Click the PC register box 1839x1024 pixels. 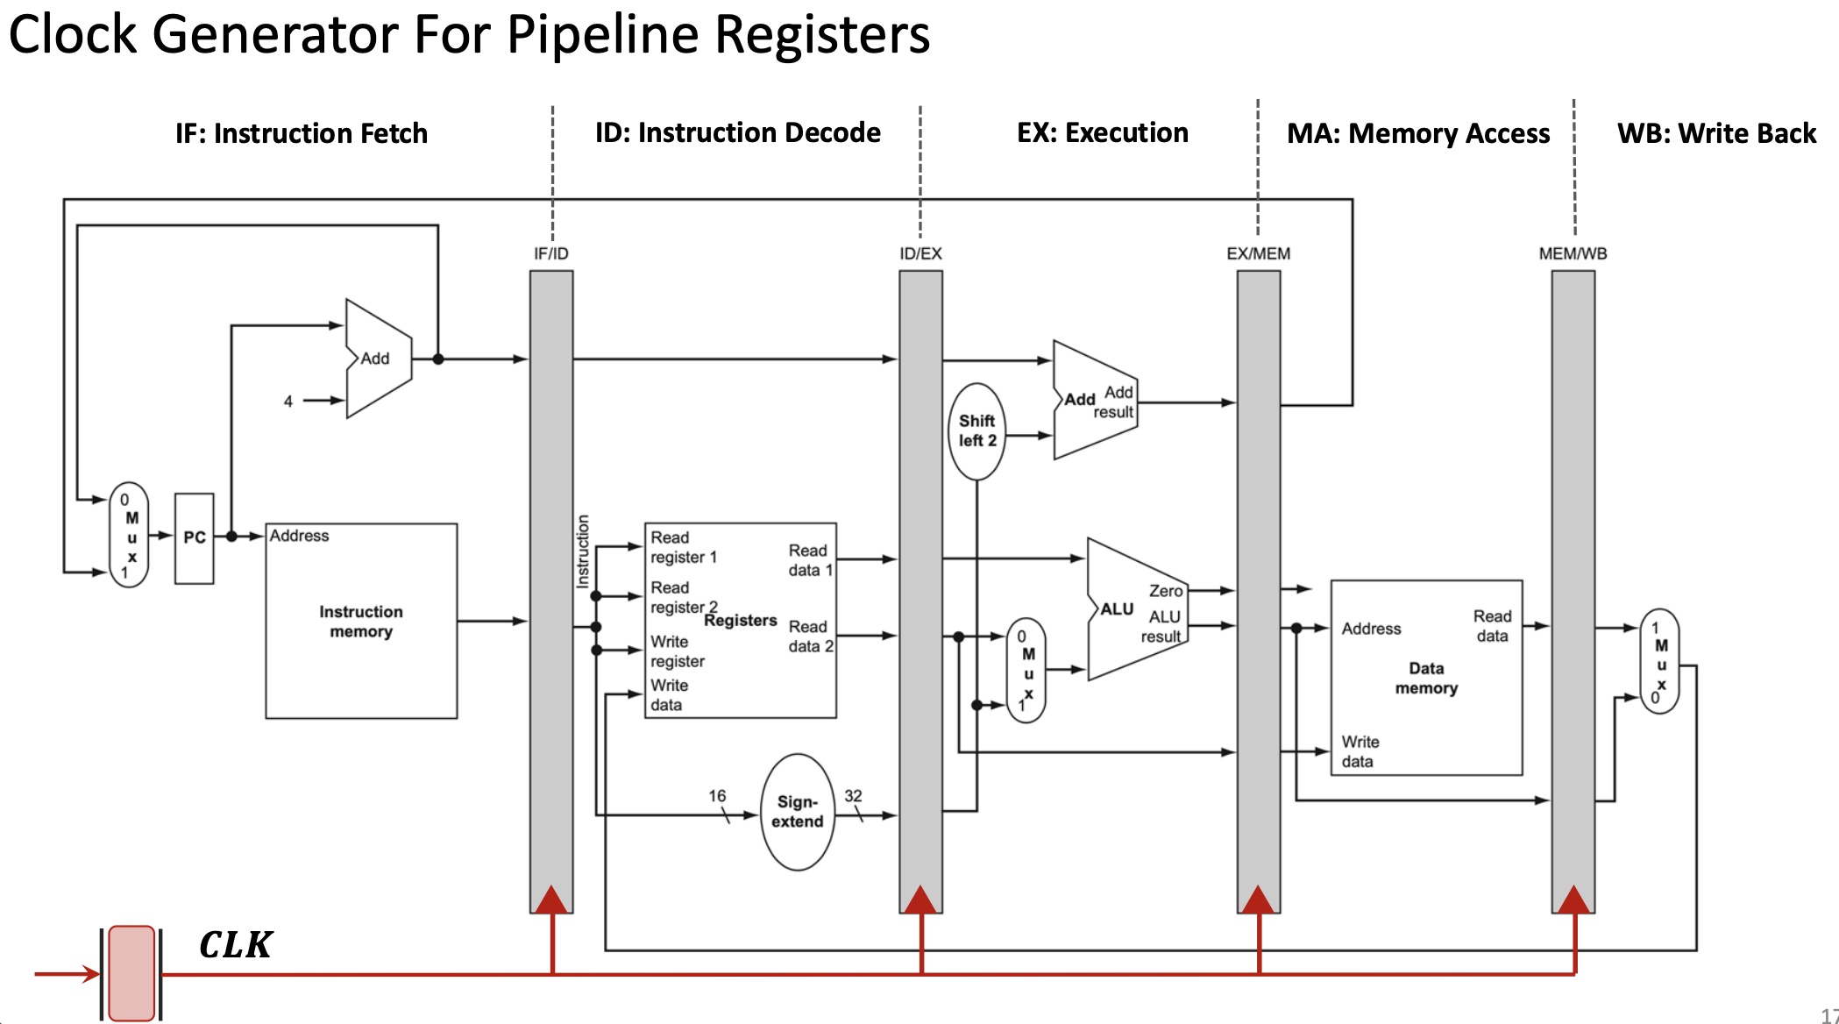tap(194, 537)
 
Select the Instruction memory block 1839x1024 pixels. tap(361, 621)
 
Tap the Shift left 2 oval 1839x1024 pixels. tap(976, 430)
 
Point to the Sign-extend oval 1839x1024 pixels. tap(797, 812)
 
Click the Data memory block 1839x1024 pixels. tap(1426, 678)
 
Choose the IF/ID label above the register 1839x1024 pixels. tap(551, 253)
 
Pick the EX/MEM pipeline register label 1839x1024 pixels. tap(1258, 253)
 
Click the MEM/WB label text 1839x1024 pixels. tap(1573, 253)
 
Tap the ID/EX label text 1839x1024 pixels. tap(920, 253)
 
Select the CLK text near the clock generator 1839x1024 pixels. tap(236, 945)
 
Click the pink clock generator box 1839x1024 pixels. tap(132, 973)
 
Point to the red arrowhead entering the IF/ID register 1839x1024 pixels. tap(551, 900)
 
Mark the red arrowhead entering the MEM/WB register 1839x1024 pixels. tap(1573, 900)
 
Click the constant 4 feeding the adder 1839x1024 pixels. tap(288, 402)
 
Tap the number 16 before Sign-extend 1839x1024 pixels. tap(717, 795)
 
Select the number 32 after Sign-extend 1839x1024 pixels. tap(853, 795)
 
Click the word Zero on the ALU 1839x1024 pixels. tap(1166, 591)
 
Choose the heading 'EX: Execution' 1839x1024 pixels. tap(1102, 132)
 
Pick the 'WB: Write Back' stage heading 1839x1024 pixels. tap(1716, 133)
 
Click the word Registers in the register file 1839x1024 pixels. tap(741, 621)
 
